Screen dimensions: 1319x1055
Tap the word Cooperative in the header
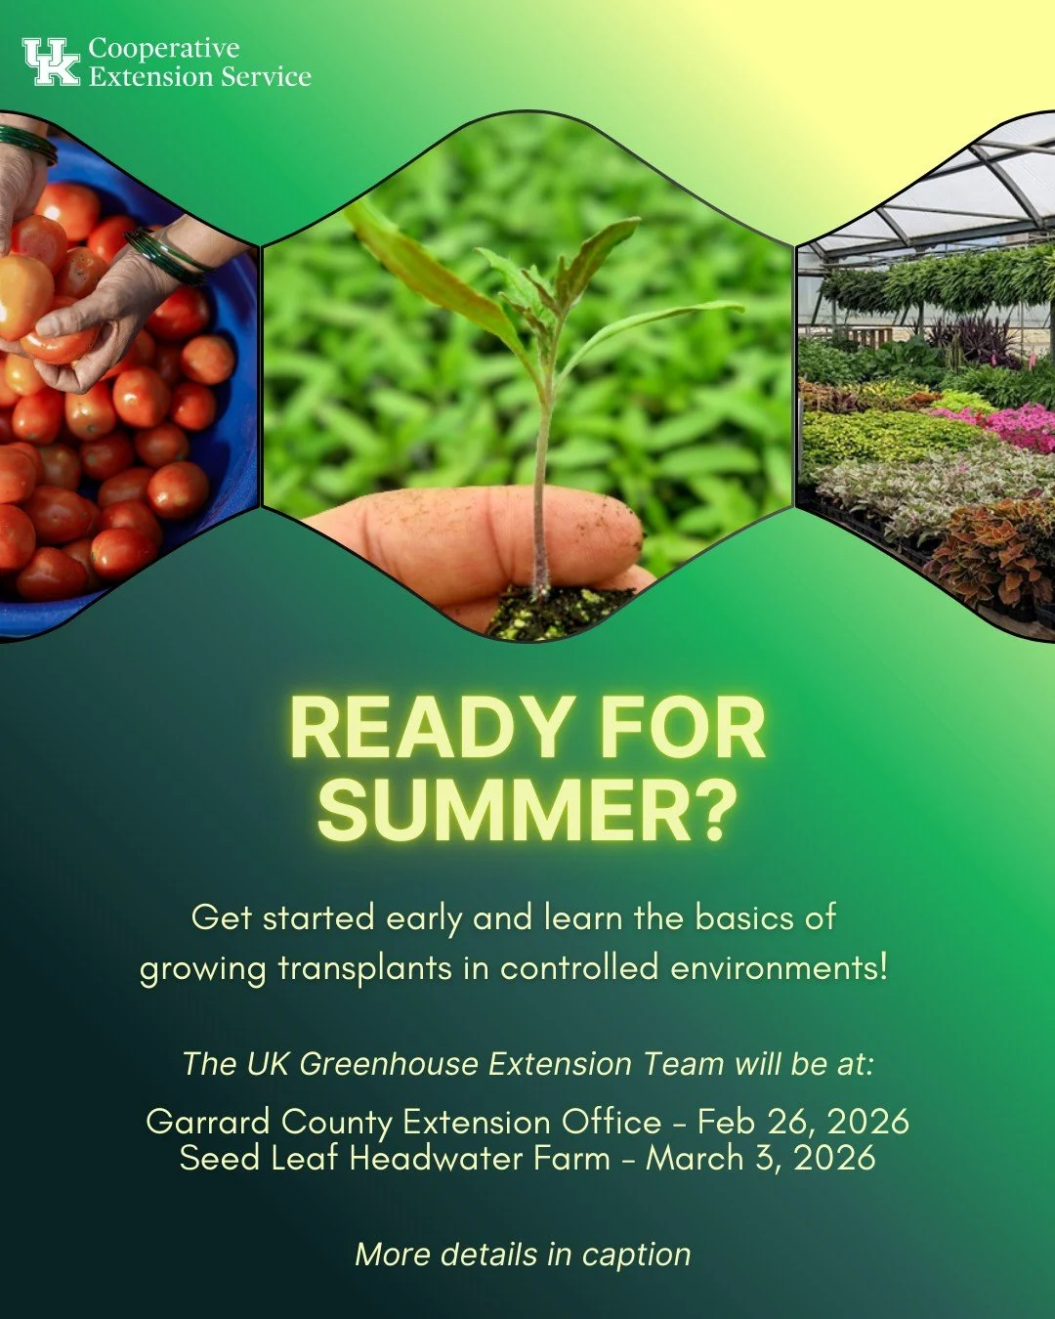click(163, 48)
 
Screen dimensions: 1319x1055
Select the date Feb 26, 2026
click(803, 1121)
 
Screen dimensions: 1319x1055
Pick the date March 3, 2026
click(760, 1158)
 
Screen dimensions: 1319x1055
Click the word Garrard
click(200, 1121)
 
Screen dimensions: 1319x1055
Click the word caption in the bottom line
click(636, 1254)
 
